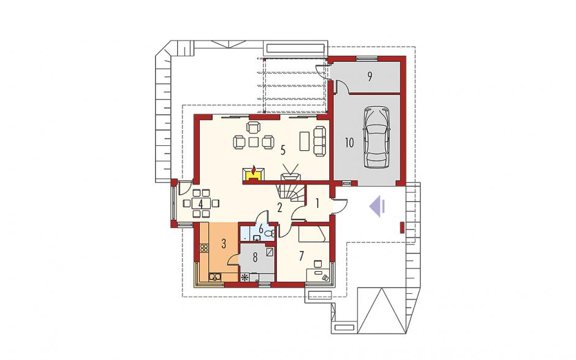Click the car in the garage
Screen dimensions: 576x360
[376, 137]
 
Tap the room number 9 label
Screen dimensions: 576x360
[370, 77]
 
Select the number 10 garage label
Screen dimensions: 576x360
[349, 143]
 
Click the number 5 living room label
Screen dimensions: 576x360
[283, 150]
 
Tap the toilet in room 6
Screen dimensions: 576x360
[270, 233]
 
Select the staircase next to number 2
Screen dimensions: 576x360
[291, 195]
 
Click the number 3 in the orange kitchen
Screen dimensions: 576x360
[223, 244]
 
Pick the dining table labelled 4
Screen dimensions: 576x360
[201, 203]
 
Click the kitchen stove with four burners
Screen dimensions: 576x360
[204, 248]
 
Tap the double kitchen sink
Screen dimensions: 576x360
[214, 277]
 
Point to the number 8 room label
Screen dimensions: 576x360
[255, 257]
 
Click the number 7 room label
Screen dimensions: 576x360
[301, 256]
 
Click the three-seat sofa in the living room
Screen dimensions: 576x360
[320, 140]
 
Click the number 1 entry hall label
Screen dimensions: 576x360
[317, 202]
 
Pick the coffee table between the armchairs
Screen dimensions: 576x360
[254, 142]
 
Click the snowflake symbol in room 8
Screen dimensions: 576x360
[244, 278]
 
